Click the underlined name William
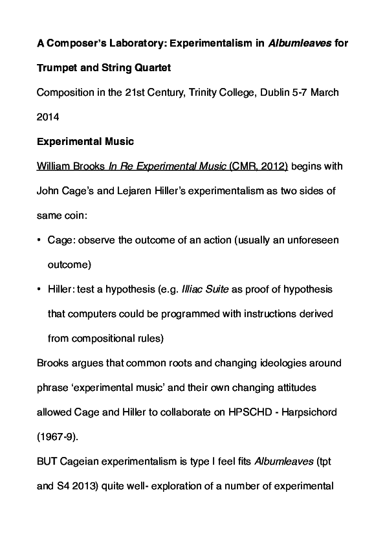pos(54,166)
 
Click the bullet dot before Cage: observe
pos(40,240)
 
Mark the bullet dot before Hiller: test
pos(40,289)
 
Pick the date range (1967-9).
pos(58,436)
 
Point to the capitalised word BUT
pos(48,461)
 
